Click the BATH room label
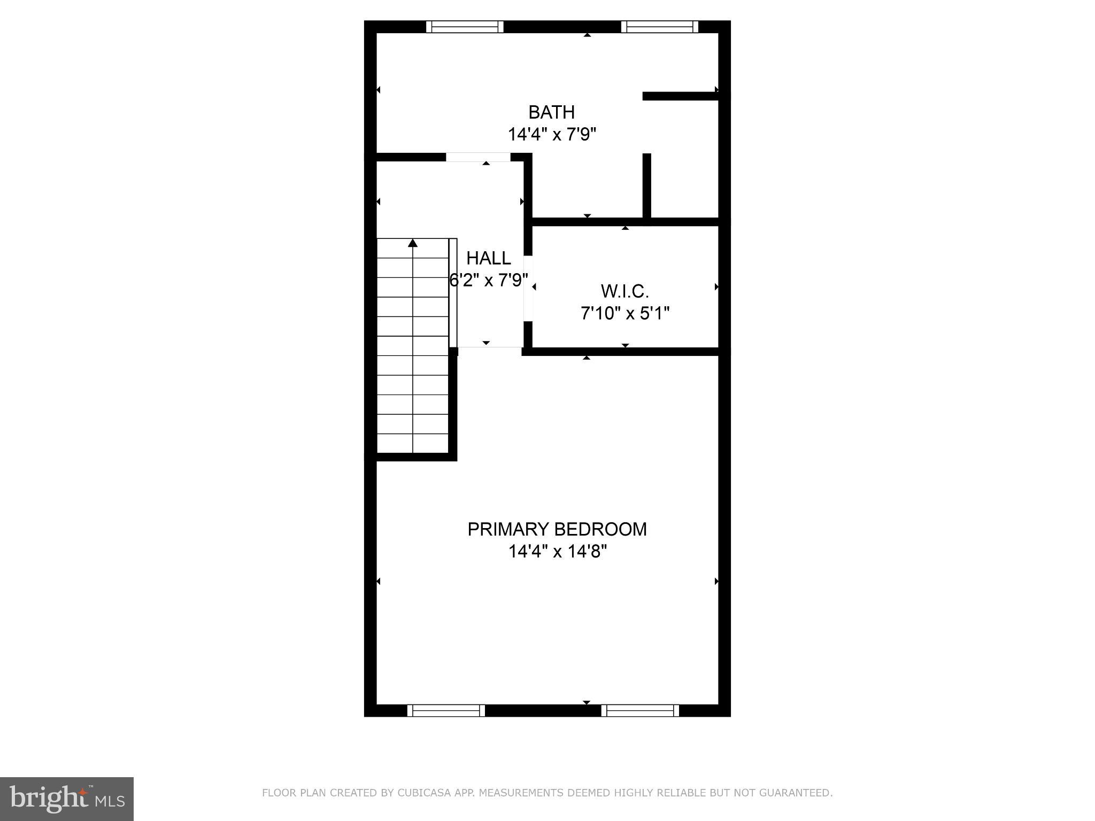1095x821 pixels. (551, 112)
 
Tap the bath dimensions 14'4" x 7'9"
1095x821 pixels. (551, 134)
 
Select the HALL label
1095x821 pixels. (488, 258)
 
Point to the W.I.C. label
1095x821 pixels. (624, 291)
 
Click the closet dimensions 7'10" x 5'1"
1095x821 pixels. (624, 313)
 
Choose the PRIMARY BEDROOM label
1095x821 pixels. (557, 529)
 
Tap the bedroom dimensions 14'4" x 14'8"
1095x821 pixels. (557, 551)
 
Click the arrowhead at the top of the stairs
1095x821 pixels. (412, 243)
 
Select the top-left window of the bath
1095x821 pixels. (465, 27)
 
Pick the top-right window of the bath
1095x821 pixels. (662, 27)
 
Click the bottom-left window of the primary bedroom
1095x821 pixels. (446, 710)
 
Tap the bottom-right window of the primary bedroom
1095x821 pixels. (640, 710)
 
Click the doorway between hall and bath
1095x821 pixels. (478, 157)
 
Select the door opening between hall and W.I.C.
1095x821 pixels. (528, 289)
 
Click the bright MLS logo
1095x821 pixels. (67, 799)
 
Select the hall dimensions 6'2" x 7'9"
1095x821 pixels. (488, 280)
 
